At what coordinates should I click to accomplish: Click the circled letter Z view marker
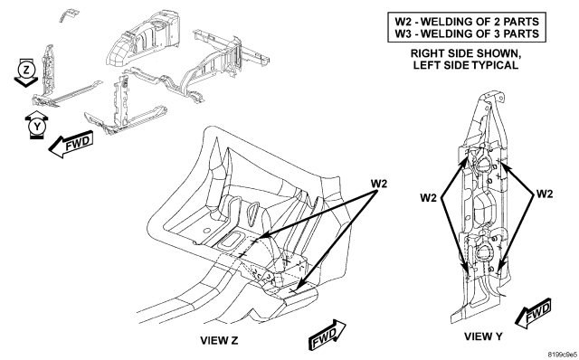point(26,70)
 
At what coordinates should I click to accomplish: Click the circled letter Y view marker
point(37,127)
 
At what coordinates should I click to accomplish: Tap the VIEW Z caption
point(219,340)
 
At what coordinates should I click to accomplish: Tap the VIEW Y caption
point(483,336)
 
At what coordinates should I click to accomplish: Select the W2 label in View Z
point(379,183)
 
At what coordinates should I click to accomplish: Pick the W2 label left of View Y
point(428,198)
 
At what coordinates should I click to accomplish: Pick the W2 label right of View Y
point(545,194)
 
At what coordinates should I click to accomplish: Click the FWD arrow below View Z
point(327,335)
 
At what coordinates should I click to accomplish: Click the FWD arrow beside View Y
point(534,313)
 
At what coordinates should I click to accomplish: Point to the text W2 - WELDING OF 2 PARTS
point(467,22)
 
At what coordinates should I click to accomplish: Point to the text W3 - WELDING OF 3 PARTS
point(467,33)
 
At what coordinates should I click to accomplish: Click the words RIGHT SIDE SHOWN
point(466,53)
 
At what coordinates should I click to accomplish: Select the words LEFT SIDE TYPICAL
point(466,65)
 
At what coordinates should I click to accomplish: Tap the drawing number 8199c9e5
point(562,355)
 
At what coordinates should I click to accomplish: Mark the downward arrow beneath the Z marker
point(26,81)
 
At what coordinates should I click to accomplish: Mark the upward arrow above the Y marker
point(37,116)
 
